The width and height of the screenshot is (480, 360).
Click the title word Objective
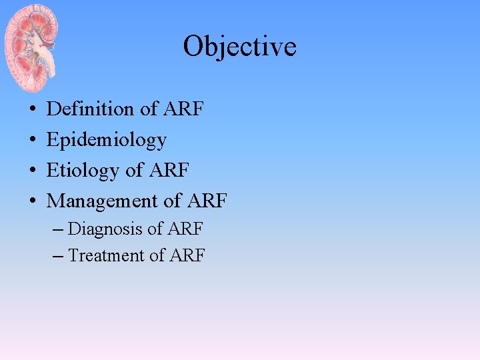[239, 47]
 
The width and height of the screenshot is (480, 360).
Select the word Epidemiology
[106, 140]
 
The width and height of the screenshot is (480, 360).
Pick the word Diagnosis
[105, 229]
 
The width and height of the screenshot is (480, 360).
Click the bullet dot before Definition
[32, 109]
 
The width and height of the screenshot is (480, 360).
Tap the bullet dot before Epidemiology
[32, 140]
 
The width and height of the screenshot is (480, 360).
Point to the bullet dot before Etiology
[32, 171]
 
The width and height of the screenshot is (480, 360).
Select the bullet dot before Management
[32, 201]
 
